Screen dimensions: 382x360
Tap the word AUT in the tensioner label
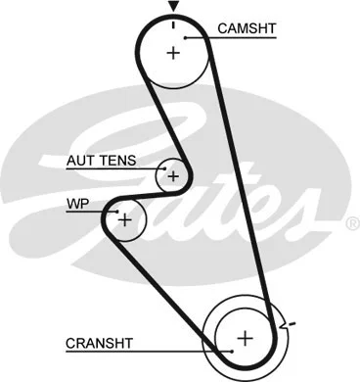coord(81,159)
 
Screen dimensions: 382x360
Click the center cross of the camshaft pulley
coord(173,53)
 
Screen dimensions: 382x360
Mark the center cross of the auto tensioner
coord(173,176)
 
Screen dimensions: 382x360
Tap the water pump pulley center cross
coord(124,220)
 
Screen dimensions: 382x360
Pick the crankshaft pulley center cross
coord(245,338)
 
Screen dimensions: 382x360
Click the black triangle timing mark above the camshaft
coord(173,6)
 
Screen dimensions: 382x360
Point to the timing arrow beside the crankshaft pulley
coord(285,323)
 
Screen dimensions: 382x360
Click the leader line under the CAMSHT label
coord(235,38)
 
